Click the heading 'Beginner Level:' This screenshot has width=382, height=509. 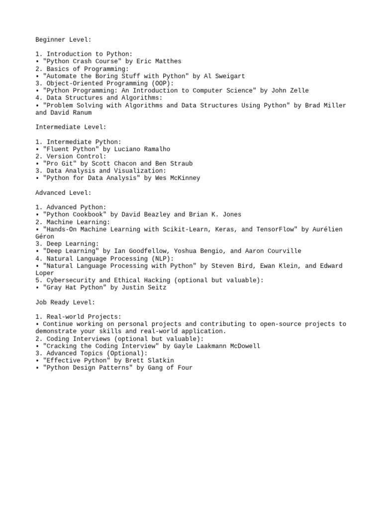coord(63,39)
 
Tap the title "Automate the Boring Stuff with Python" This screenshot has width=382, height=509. coord(116,76)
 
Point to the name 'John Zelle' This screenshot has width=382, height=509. coord(289,90)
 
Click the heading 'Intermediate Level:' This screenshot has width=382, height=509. coord(71,127)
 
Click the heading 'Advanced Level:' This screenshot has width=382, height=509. coord(63,193)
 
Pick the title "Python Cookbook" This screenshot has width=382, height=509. coord(75,215)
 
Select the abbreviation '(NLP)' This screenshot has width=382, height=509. coord(163,258)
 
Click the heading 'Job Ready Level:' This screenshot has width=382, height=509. coord(65,302)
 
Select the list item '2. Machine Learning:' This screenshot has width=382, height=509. coord(73,222)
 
